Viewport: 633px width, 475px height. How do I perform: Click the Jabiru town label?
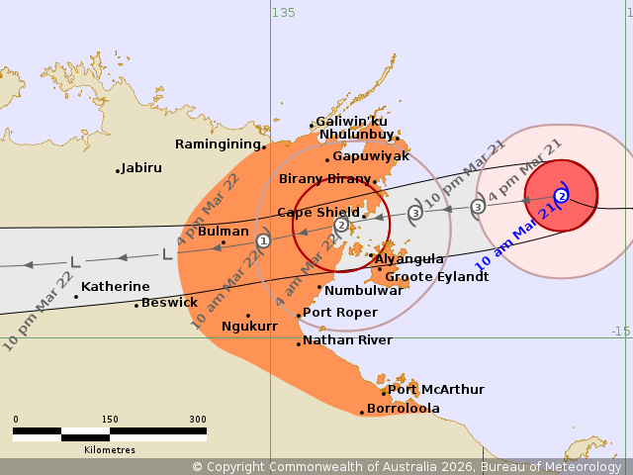(141, 168)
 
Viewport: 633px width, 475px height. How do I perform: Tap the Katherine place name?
(116, 287)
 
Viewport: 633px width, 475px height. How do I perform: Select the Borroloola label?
(403, 409)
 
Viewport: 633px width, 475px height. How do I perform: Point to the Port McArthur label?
(422, 390)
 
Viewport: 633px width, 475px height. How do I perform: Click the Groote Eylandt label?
(436, 277)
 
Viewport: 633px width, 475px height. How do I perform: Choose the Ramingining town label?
(218, 144)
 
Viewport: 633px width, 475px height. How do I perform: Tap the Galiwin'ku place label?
(351, 122)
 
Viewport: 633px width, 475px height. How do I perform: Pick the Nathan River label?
(347, 340)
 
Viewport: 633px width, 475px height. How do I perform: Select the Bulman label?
(224, 232)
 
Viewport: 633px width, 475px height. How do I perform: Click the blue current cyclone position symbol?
(561, 196)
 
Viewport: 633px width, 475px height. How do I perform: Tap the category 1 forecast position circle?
(263, 240)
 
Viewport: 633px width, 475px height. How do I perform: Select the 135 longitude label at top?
(283, 12)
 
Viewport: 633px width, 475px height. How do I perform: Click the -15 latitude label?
(619, 332)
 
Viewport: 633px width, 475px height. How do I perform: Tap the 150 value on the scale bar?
(109, 420)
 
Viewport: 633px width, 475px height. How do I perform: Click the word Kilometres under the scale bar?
(110, 450)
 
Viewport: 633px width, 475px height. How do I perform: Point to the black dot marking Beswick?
(136, 305)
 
